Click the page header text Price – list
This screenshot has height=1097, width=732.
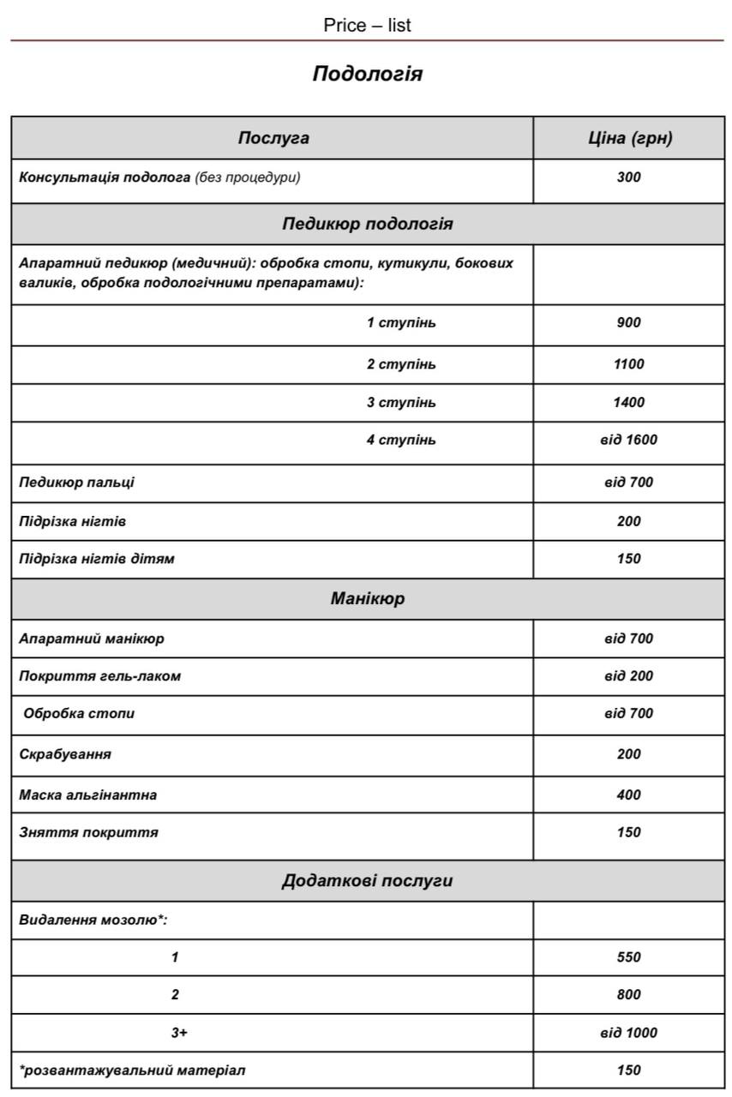point(367,26)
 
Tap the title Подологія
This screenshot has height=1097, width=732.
point(367,74)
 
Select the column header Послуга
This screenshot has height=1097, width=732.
point(273,138)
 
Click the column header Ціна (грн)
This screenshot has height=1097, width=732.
point(630,138)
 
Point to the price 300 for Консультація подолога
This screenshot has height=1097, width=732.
point(628,178)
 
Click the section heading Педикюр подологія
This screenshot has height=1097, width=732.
point(367,224)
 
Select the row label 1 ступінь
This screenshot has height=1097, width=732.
point(401,323)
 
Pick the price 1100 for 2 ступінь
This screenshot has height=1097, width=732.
point(628,364)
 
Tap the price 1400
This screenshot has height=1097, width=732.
point(628,402)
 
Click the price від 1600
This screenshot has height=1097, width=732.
point(628,440)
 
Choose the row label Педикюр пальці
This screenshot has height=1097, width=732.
point(77,483)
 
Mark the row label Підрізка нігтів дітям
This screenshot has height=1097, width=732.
point(97,559)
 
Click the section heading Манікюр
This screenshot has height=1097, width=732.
point(367,598)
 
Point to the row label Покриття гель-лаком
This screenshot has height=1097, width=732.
point(100,676)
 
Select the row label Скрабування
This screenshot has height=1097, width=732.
point(65,754)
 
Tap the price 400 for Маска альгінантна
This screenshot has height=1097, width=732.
point(628,794)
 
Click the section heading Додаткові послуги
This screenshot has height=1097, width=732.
point(367,880)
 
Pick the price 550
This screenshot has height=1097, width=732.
point(628,957)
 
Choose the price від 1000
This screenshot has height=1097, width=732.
point(628,1033)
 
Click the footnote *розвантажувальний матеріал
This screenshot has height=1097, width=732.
point(132,1070)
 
